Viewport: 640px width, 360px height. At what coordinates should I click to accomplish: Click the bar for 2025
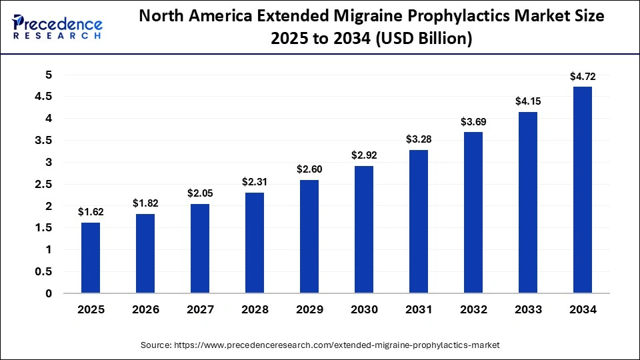pos(91,258)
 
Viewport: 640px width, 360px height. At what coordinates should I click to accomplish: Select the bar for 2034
pos(582,190)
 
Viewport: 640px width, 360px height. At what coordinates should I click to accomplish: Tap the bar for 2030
pos(364,229)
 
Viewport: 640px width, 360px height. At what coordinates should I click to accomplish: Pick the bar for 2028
pos(255,243)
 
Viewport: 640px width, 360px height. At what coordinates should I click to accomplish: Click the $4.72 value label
pos(582,77)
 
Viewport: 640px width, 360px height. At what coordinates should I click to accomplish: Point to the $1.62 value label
pos(91,212)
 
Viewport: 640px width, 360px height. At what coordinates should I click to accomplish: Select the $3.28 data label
pos(419,139)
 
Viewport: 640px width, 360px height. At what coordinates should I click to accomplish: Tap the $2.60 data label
pos(309,169)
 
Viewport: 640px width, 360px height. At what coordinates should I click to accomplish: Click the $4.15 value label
pos(527,101)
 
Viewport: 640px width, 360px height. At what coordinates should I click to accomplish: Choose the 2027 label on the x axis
pos(200,310)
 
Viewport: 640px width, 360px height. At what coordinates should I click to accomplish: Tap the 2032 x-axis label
pos(473,310)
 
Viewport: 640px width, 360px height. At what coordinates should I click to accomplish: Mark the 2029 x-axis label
pos(309,310)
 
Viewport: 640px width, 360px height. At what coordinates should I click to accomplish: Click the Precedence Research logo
pos(57,27)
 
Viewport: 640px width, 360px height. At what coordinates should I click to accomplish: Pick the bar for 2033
pos(527,203)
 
